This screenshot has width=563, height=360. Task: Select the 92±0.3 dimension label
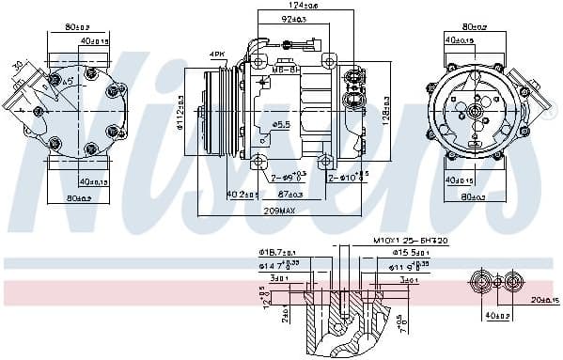[x=294, y=19]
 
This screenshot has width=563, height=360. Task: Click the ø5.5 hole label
[x=281, y=124]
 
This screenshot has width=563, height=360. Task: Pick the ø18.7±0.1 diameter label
[x=275, y=253]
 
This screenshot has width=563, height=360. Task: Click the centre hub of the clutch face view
[x=475, y=113]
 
